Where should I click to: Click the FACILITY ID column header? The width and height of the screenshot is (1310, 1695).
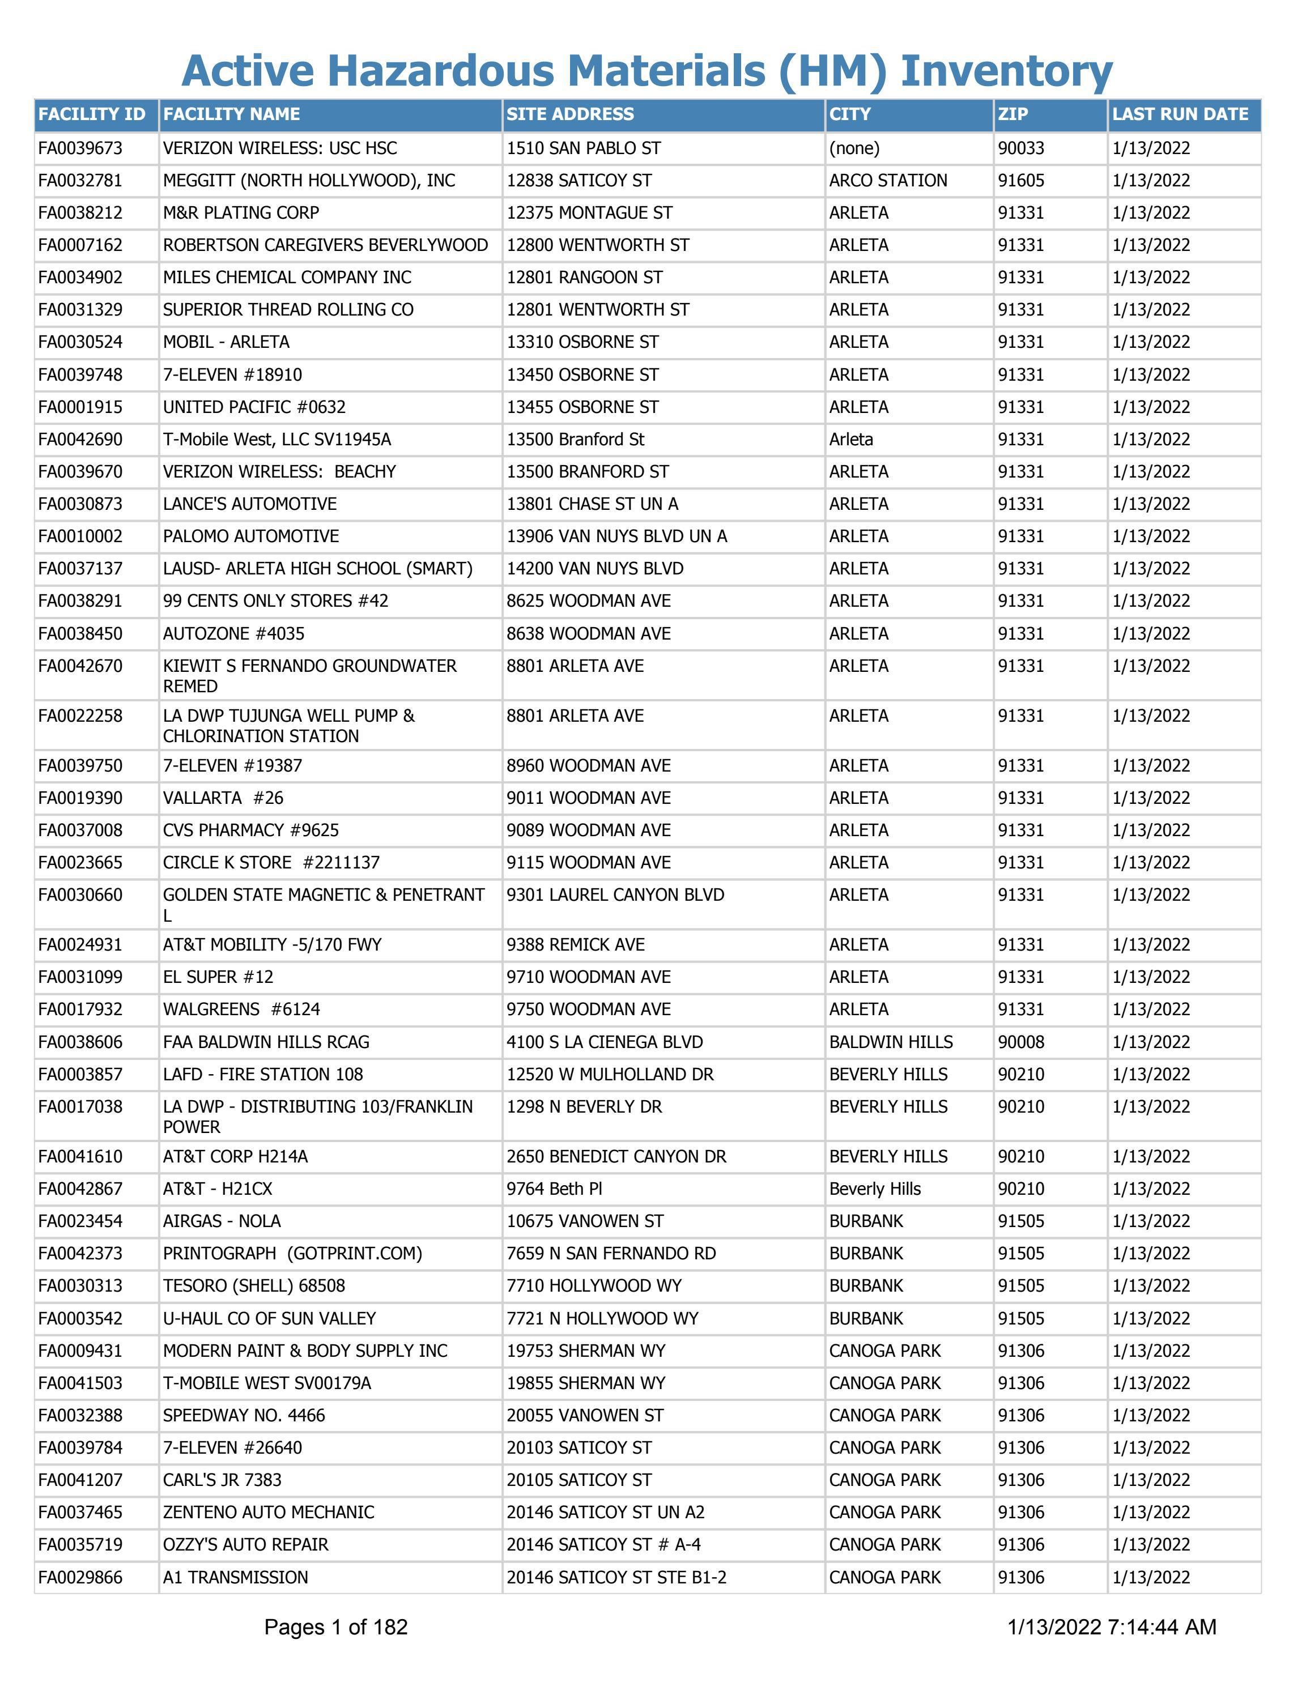click(92, 114)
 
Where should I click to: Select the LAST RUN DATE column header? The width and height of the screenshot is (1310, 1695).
click(1180, 114)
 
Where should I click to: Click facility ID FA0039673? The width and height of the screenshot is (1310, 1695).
click(80, 148)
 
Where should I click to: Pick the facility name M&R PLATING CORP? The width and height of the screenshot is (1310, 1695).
click(241, 212)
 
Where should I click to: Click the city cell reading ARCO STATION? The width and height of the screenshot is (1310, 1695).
click(888, 181)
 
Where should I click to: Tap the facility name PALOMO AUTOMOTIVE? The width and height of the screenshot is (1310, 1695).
click(250, 536)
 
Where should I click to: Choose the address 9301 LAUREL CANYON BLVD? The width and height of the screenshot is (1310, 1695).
click(615, 895)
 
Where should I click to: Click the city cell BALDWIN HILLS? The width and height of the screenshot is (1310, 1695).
click(891, 1041)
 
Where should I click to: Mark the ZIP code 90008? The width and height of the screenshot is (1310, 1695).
click(1020, 1041)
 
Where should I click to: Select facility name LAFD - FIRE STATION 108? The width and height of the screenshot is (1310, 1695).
click(263, 1074)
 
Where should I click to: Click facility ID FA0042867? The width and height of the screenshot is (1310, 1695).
click(80, 1189)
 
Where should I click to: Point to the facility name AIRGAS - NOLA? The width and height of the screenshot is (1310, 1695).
click(222, 1221)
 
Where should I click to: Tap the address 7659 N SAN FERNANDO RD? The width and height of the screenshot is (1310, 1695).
click(611, 1253)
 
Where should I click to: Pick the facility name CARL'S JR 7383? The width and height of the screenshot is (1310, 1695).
click(222, 1480)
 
